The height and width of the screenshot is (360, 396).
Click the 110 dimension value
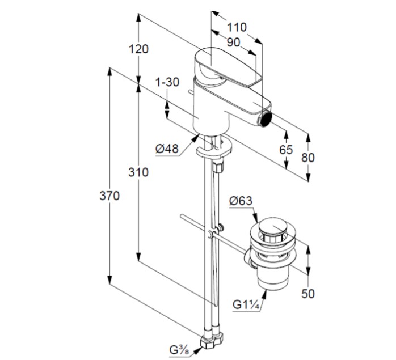coord(237,27)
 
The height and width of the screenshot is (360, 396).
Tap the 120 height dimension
coord(138,49)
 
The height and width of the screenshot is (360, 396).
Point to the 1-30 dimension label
coord(167,82)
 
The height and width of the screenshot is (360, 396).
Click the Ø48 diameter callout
coord(166,149)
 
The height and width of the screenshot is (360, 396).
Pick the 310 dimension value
coord(138,172)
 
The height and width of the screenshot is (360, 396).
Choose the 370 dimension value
coord(109,196)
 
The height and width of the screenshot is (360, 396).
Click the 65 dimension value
coord(286,150)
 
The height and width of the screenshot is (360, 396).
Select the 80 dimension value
coord(307,158)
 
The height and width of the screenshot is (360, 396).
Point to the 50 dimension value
coord(307,293)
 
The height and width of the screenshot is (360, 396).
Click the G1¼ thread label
coord(246,304)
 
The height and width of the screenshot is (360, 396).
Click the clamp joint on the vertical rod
coord(212,233)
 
